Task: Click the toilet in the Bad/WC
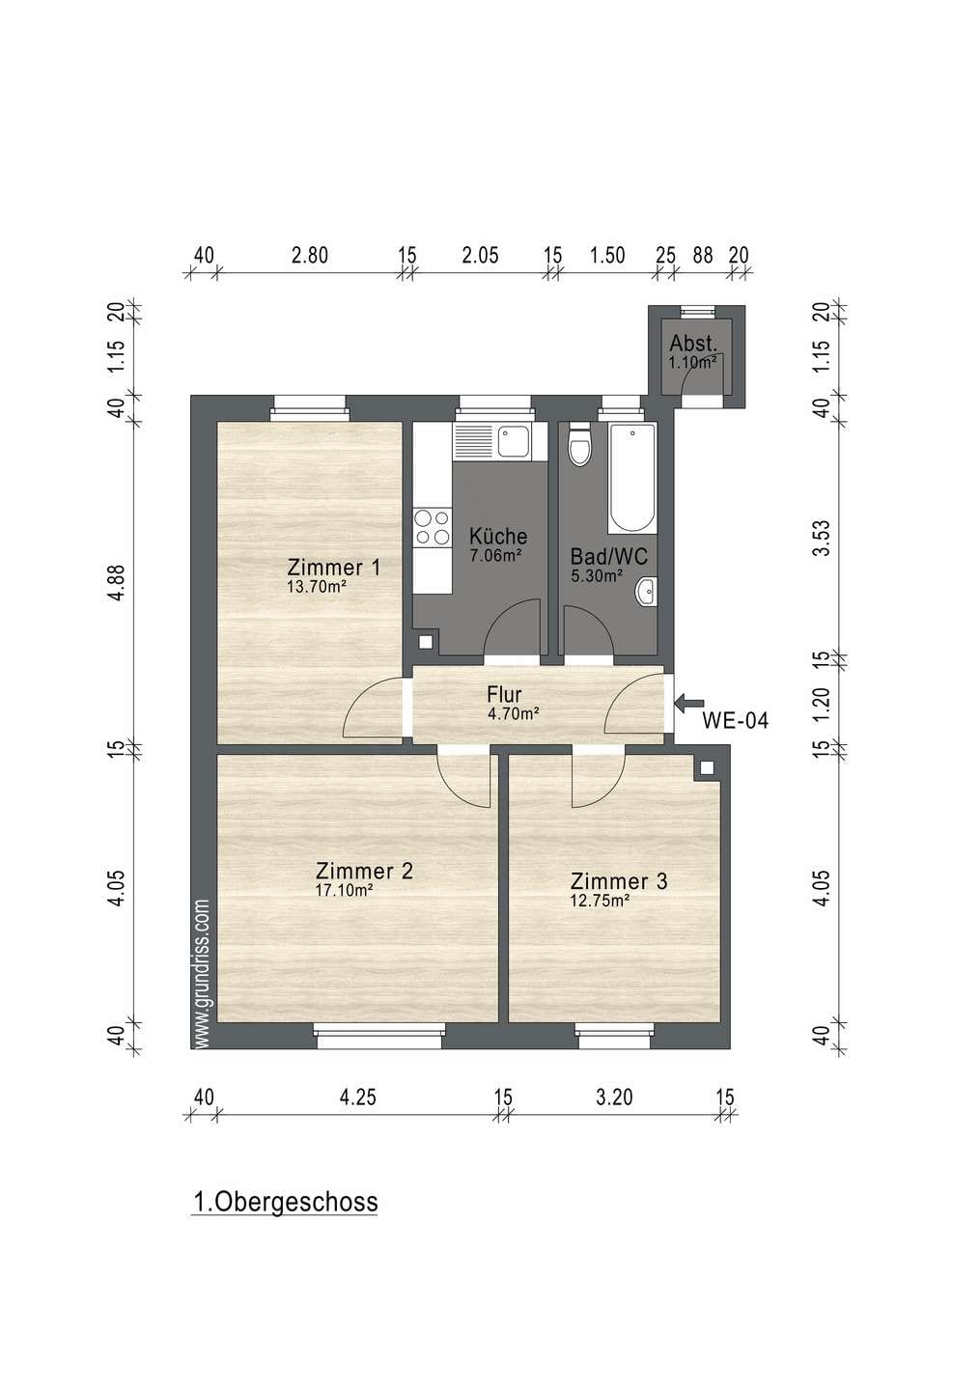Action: [x=579, y=444]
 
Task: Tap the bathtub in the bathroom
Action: [x=631, y=478]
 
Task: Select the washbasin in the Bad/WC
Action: [x=646, y=591]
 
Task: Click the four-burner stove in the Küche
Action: [x=433, y=527]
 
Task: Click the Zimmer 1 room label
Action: [x=333, y=567]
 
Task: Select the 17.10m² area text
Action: [x=344, y=891]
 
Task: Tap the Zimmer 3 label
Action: [x=619, y=881]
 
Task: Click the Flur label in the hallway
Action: [x=504, y=694]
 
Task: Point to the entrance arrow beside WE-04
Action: [x=688, y=703]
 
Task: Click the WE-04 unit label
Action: [x=736, y=720]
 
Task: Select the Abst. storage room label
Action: [x=692, y=344]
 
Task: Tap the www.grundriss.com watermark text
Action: [x=203, y=974]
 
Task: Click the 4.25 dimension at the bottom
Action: [x=357, y=1098]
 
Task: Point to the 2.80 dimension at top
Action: [x=310, y=255]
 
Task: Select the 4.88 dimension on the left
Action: [x=117, y=583]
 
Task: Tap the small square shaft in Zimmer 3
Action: [x=707, y=768]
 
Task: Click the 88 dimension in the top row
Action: [x=703, y=255]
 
